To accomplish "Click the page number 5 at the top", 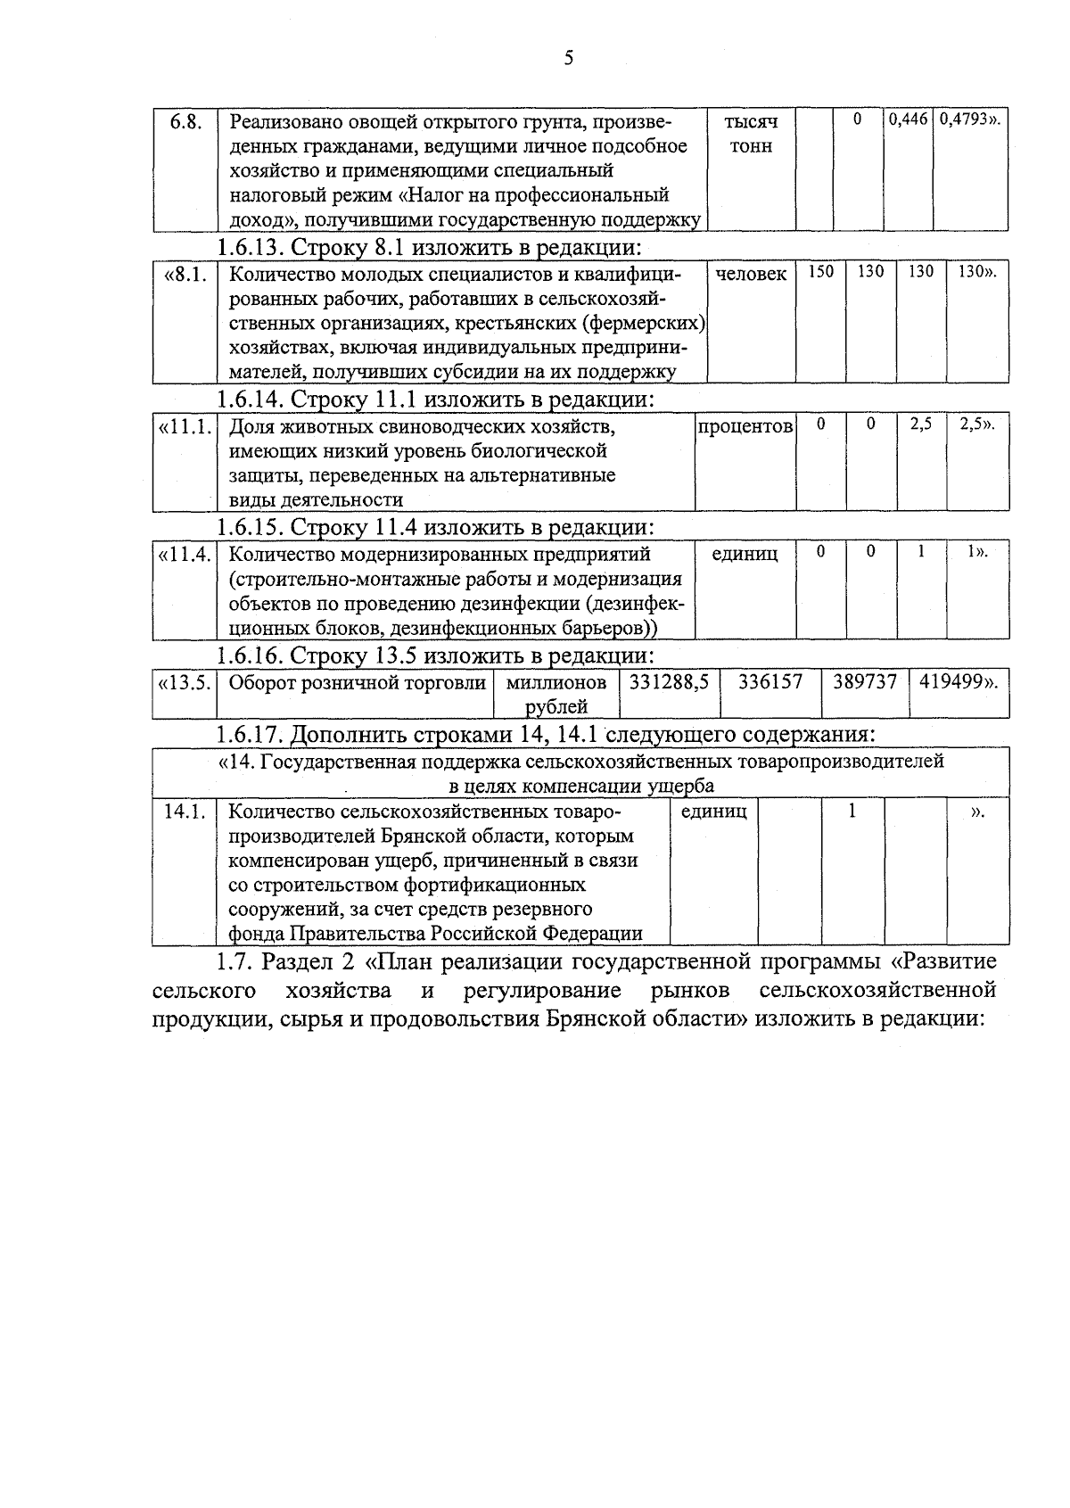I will coord(569,59).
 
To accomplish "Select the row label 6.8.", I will coord(185,121).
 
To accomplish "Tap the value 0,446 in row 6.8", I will coord(908,119).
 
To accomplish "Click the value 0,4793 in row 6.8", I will coord(969,119).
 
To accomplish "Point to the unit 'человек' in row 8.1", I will coord(751,274).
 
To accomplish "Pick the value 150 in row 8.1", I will coord(820,272).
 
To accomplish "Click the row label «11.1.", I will coord(185,426).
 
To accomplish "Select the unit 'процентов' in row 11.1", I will coord(745,426).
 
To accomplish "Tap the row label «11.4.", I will coord(185,554).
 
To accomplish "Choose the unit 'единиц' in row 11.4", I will coord(745,554).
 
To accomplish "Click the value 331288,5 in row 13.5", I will coord(669,682).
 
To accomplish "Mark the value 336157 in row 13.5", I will coord(770,682).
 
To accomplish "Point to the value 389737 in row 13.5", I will coord(864,682).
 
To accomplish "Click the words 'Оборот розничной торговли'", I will coord(357,683).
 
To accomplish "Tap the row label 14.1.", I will coord(185,812).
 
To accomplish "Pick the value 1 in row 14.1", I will coord(852,812).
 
